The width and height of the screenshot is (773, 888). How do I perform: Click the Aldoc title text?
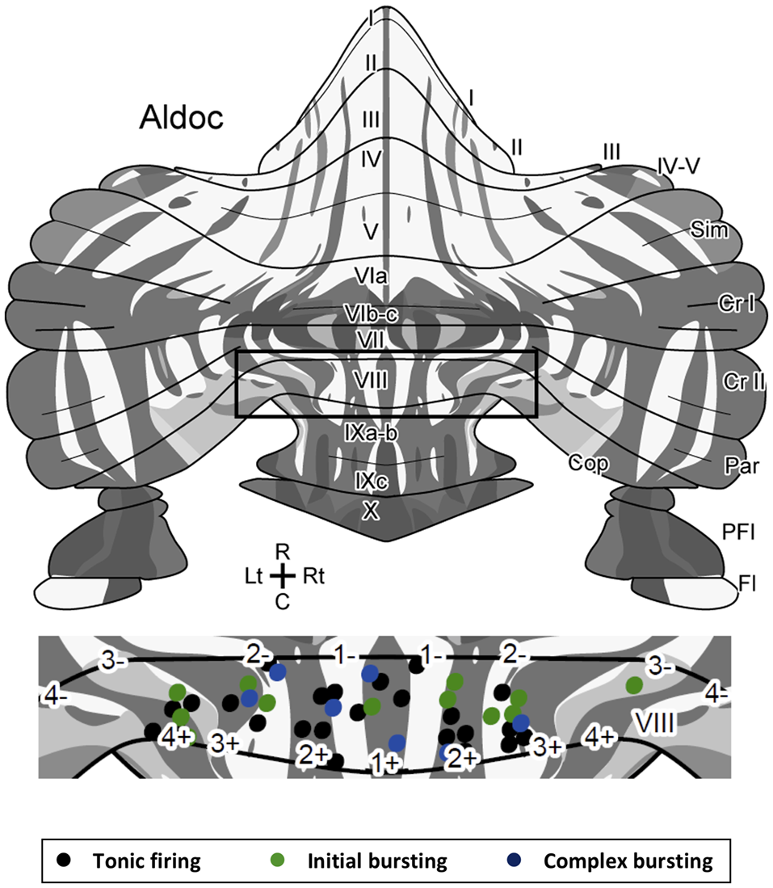pyautogui.click(x=181, y=118)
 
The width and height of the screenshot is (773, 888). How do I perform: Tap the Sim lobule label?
pyautogui.click(x=710, y=230)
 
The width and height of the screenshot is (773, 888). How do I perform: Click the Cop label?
pyautogui.click(x=586, y=464)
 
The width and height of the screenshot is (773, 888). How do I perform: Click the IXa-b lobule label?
pyautogui.click(x=370, y=433)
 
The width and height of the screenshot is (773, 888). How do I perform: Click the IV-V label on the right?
pyautogui.click(x=677, y=166)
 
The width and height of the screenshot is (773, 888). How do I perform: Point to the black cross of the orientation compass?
pyautogui.click(x=282, y=576)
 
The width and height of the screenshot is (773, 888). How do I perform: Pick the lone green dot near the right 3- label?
pyautogui.click(x=635, y=685)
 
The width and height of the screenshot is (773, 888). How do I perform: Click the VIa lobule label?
pyautogui.click(x=372, y=279)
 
